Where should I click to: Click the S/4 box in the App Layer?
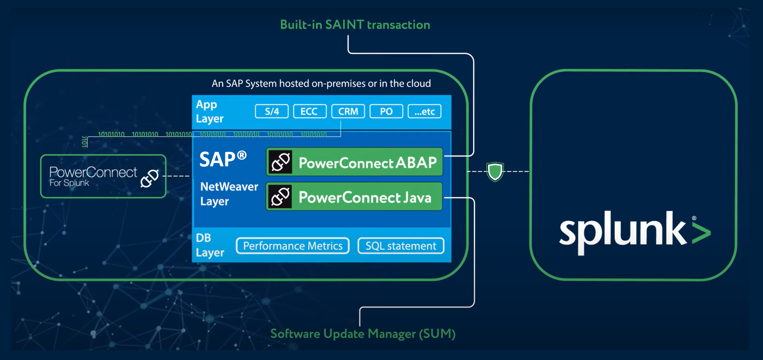click(x=272, y=111)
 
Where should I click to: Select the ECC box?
click(x=310, y=111)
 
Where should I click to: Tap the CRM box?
click(x=348, y=111)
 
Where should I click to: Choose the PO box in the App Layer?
click(x=386, y=111)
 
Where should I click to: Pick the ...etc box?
click(x=424, y=111)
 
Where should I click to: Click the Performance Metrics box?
click(x=292, y=246)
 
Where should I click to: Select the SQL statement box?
click(x=401, y=246)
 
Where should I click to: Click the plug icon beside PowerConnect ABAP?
click(x=280, y=162)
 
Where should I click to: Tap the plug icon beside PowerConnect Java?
click(x=280, y=197)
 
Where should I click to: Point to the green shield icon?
click(x=495, y=172)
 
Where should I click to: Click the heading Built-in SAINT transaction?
click(x=355, y=25)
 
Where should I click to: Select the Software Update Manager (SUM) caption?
click(x=363, y=334)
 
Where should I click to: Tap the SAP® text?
click(x=223, y=159)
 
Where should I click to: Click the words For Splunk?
click(x=69, y=183)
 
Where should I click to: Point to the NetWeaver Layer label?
click(x=229, y=194)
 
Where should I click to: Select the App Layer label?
click(x=209, y=111)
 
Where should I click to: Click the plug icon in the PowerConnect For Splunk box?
click(x=149, y=178)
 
